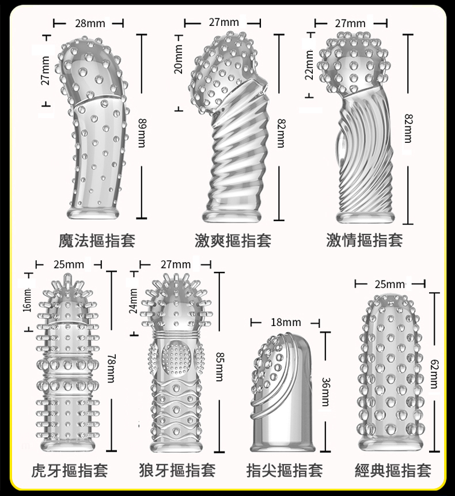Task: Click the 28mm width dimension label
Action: [x=90, y=23]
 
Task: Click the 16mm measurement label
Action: [x=28, y=302]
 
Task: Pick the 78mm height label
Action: [x=111, y=368]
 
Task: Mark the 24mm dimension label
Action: [x=134, y=301]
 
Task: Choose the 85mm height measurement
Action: [x=219, y=367]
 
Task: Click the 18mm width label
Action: [x=286, y=323]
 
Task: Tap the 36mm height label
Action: [x=326, y=392]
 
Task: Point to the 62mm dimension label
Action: [x=434, y=373]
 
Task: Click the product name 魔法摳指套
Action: [x=97, y=240]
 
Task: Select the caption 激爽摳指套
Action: [x=233, y=240]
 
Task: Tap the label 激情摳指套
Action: [x=365, y=240]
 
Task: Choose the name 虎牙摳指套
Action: [x=70, y=471]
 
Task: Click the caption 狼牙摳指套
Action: [x=177, y=471]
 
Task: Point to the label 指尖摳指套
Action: [x=285, y=471]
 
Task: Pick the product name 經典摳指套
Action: [x=393, y=471]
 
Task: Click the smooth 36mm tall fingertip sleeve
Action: [x=285, y=411]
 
